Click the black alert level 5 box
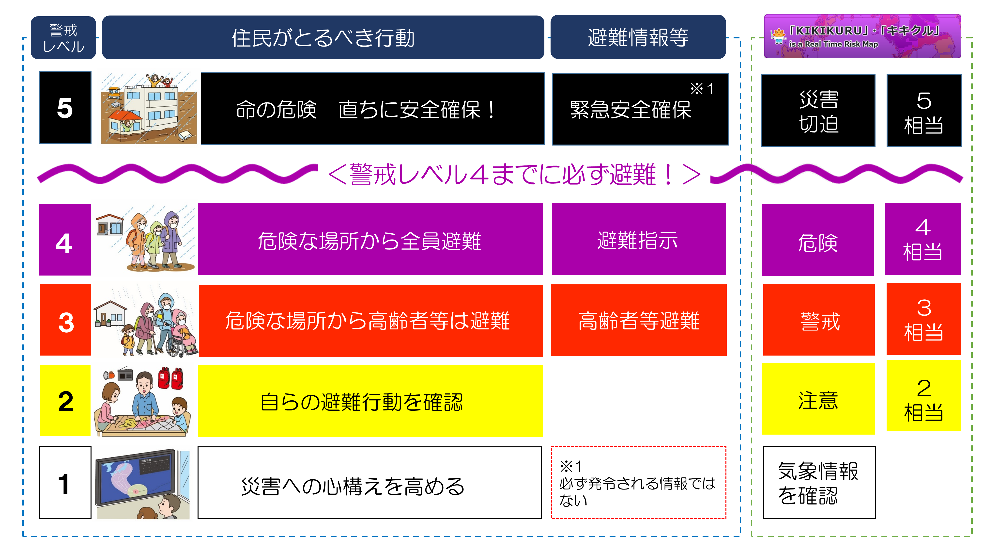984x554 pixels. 65,107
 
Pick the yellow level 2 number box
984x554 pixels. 65,400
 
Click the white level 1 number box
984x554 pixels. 65,483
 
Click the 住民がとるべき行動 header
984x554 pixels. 323,37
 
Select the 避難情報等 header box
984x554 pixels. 638,37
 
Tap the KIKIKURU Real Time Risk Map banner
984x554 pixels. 862,36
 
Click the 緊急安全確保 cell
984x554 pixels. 640,109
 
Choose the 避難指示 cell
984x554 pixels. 639,239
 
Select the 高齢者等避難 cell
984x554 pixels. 639,320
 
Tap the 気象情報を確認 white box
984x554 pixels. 819,483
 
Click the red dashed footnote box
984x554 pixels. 639,483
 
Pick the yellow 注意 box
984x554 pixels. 818,399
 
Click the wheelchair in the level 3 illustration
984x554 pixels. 180,340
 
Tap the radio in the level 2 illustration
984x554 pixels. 125,374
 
